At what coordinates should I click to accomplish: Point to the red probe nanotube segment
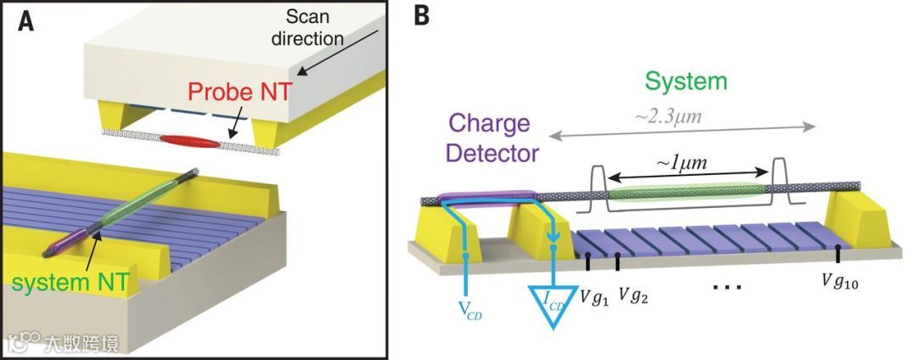188,140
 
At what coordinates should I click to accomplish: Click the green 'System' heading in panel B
686,81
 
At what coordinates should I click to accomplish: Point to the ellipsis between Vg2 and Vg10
728,286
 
